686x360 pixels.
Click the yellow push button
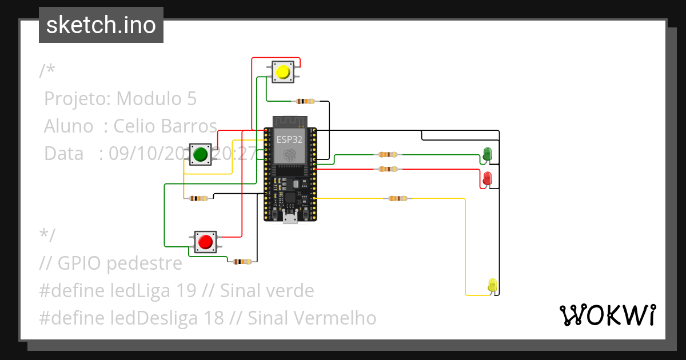(x=282, y=73)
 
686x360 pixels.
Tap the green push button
(x=200, y=154)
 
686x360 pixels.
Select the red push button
(x=205, y=242)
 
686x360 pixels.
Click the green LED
(x=487, y=154)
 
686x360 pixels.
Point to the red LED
(x=487, y=178)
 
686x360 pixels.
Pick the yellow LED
(x=492, y=285)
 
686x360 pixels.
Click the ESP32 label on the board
(x=290, y=139)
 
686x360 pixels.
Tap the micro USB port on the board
(x=290, y=218)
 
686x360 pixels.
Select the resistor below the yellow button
(x=304, y=101)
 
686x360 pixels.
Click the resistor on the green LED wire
(x=387, y=154)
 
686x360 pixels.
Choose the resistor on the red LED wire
(x=387, y=169)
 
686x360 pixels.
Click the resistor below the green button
(x=198, y=198)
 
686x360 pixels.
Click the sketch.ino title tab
(x=101, y=25)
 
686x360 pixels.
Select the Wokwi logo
(x=607, y=315)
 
